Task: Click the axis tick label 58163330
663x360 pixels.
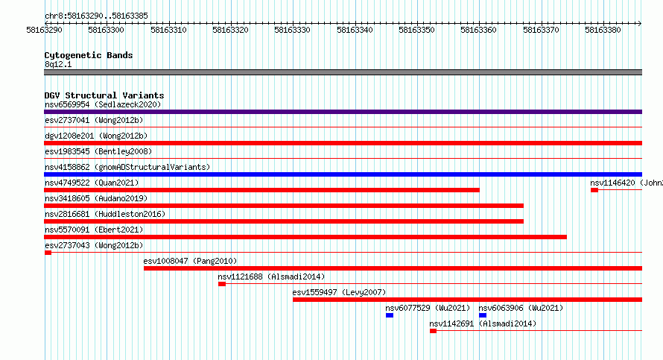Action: pyautogui.click(x=292, y=30)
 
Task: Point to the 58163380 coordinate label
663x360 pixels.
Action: pyautogui.click(x=603, y=30)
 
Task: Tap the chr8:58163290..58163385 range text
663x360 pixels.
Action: pyautogui.click(x=96, y=16)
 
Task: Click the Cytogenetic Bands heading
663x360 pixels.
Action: pyautogui.click(x=89, y=55)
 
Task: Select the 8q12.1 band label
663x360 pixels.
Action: pyautogui.click(x=58, y=64)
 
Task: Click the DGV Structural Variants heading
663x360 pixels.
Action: pyautogui.click(x=104, y=95)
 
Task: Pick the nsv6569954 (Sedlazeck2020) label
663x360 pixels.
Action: pyautogui.click(x=103, y=104)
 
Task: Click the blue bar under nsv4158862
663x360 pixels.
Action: pyautogui.click(x=343, y=174)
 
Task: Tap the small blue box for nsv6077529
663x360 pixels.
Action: pyautogui.click(x=390, y=315)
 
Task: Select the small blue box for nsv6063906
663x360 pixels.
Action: pyautogui.click(x=483, y=315)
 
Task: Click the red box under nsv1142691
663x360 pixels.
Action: pyautogui.click(x=433, y=331)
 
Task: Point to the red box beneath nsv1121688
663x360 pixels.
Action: pyautogui.click(x=222, y=284)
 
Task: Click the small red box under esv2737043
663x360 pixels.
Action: pyautogui.click(x=48, y=253)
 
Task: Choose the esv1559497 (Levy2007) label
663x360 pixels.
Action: pyautogui.click(x=339, y=292)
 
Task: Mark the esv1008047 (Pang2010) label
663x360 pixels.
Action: pyautogui.click(x=190, y=261)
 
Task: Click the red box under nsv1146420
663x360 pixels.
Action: pyautogui.click(x=594, y=190)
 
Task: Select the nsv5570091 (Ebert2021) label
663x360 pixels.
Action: pyautogui.click(x=94, y=230)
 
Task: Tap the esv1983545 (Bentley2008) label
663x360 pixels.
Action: pyautogui.click(x=98, y=151)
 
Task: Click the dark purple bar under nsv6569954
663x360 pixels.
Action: pyautogui.click(x=343, y=112)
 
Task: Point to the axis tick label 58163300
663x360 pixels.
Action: pyautogui.click(x=106, y=30)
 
